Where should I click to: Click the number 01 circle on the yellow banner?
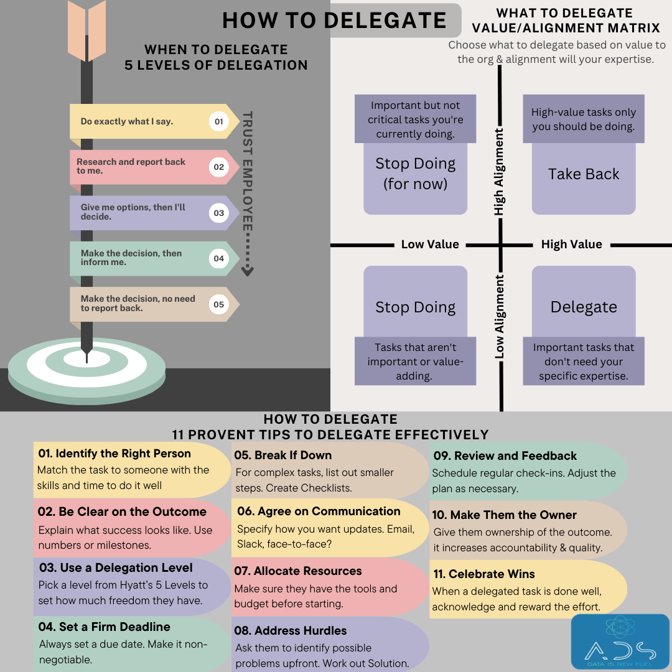click(218, 121)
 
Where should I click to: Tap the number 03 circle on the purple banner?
click(218, 213)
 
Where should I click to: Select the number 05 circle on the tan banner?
click(218, 304)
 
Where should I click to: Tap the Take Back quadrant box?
click(584, 174)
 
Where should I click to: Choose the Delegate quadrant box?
click(584, 307)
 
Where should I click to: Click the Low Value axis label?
click(430, 245)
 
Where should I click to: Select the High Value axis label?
click(571, 245)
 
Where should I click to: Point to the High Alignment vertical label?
click(499, 172)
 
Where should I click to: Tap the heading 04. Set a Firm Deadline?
click(105, 627)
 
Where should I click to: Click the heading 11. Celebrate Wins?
click(484, 574)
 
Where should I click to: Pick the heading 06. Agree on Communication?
click(319, 511)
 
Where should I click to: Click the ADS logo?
click(620, 642)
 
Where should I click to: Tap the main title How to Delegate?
click(334, 20)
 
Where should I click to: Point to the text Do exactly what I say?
click(127, 121)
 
